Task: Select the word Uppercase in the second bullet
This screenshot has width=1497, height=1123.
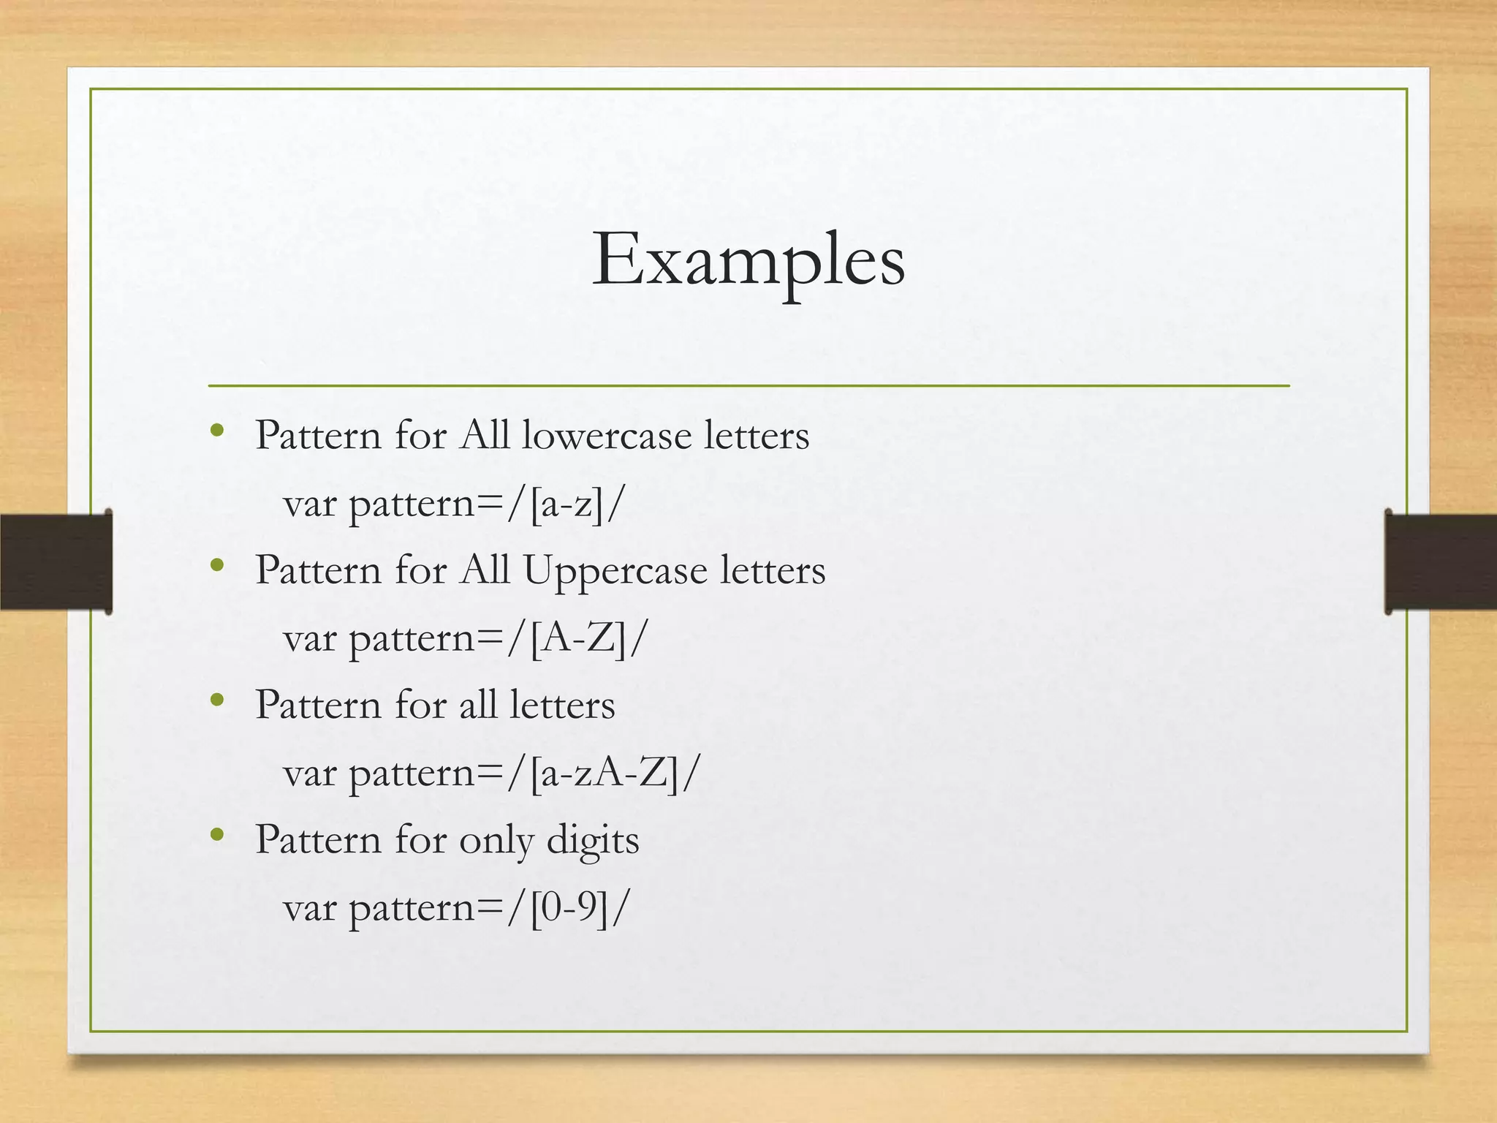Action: [x=615, y=571]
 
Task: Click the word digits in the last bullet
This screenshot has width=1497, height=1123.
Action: [x=593, y=840]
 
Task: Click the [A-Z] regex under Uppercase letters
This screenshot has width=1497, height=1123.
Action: [x=578, y=639]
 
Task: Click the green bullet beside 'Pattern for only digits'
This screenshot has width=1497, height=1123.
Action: [x=216, y=834]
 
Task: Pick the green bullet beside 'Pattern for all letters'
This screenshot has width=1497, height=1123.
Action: [x=216, y=700]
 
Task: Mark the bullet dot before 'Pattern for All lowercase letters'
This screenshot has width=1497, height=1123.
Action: [x=216, y=431]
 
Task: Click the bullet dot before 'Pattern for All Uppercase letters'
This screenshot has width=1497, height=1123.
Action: [x=216, y=565]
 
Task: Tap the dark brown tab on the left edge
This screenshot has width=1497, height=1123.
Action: [x=56, y=561]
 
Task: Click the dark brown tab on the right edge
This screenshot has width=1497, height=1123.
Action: [x=1440, y=561]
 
